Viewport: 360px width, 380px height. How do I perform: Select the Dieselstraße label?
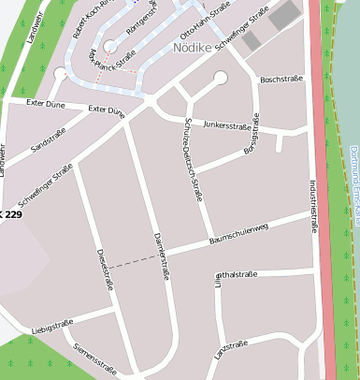pyautogui.click(x=103, y=270)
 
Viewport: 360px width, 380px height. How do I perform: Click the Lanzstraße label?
pyautogui.click(x=230, y=349)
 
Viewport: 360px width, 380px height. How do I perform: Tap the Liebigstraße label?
pyautogui.click(x=52, y=328)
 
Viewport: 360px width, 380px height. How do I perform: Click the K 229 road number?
pyautogui.click(x=11, y=215)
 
